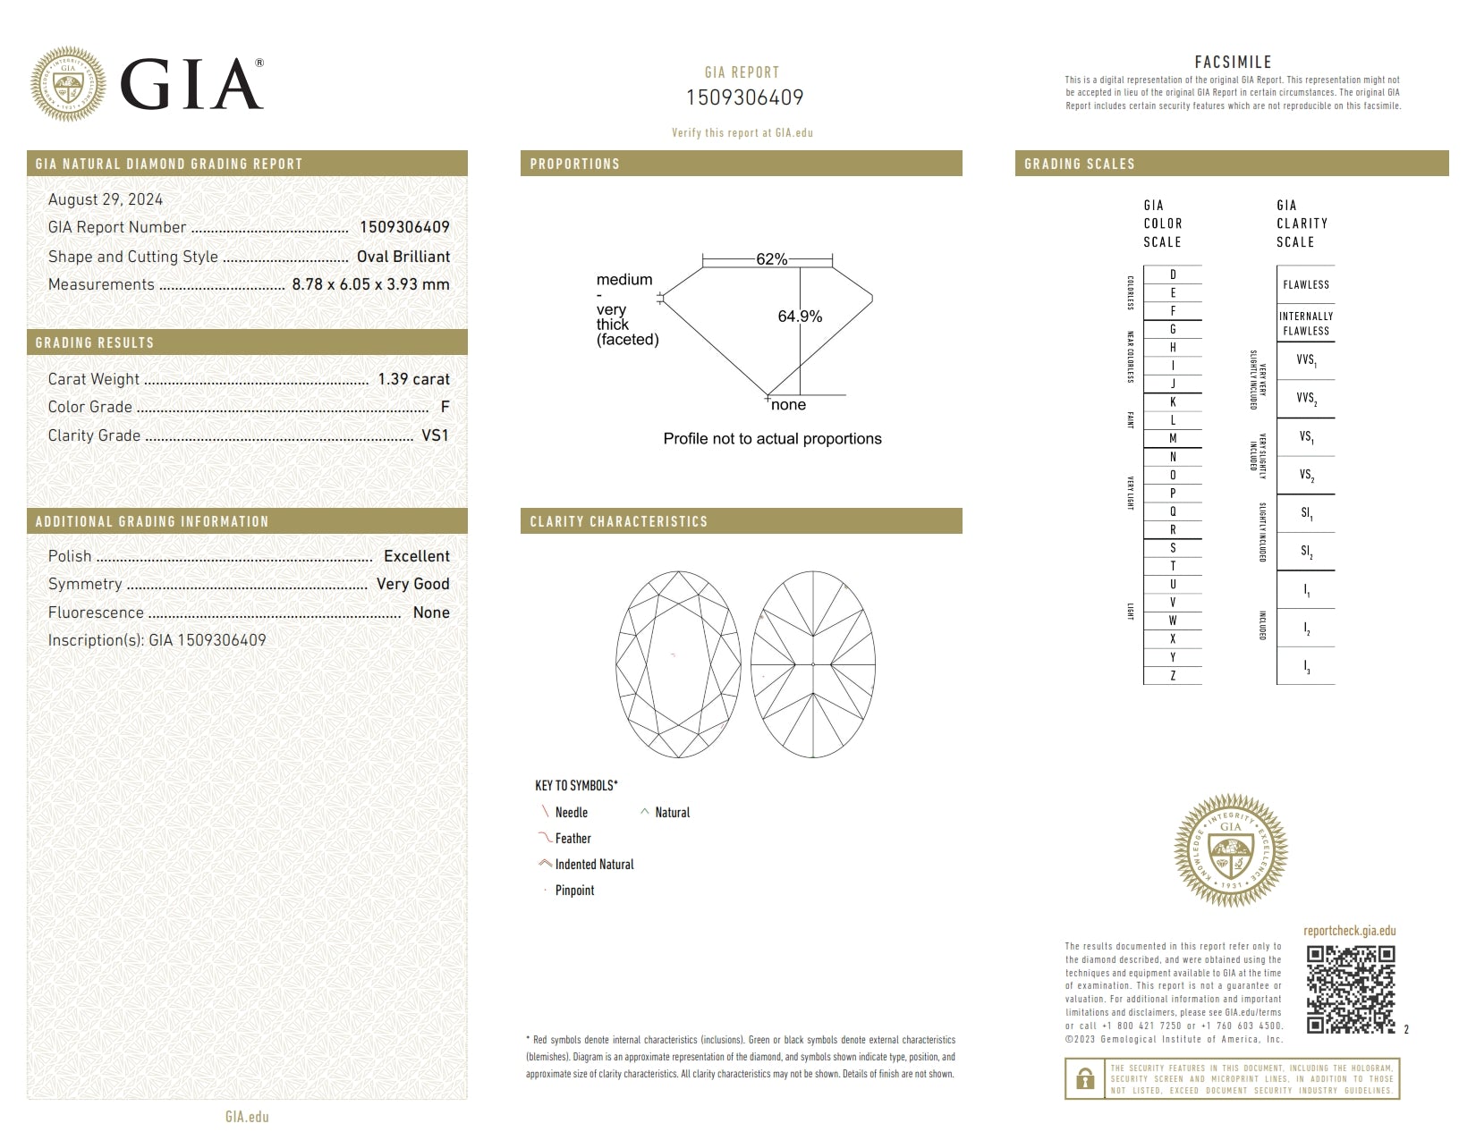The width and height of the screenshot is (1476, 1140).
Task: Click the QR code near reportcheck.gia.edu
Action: click(1351, 989)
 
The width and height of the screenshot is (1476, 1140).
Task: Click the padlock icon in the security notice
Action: click(1085, 1079)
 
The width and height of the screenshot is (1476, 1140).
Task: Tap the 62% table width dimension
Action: click(771, 259)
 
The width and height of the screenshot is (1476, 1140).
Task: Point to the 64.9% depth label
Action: click(800, 317)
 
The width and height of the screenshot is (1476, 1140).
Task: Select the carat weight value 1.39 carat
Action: click(413, 379)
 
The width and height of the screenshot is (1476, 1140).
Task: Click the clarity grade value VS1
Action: click(435, 435)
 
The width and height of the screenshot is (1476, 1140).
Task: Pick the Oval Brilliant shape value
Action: click(403, 257)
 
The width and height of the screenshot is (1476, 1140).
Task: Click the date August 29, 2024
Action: click(106, 199)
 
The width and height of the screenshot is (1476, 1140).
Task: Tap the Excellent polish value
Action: click(417, 556)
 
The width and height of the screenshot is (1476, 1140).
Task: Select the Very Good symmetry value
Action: click(412, 584)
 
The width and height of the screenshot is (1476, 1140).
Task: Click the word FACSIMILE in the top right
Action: click(1233, 62)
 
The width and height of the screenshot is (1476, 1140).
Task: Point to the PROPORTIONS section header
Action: click(574, 164)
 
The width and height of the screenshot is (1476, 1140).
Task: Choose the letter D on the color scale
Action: click(1173, 274)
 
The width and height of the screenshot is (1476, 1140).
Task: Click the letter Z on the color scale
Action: click(1173, 676)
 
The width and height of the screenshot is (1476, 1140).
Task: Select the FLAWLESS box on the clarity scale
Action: click(1306, 284)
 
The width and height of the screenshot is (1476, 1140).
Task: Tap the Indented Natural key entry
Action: click(594, 865)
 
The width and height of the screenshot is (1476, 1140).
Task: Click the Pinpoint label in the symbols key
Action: click(574, 891)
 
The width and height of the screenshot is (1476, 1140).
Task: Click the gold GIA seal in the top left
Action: click(68, 84)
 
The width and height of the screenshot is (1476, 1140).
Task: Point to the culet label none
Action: click(788, 405)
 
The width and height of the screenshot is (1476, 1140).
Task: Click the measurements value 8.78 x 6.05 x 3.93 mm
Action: click(370, 284)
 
